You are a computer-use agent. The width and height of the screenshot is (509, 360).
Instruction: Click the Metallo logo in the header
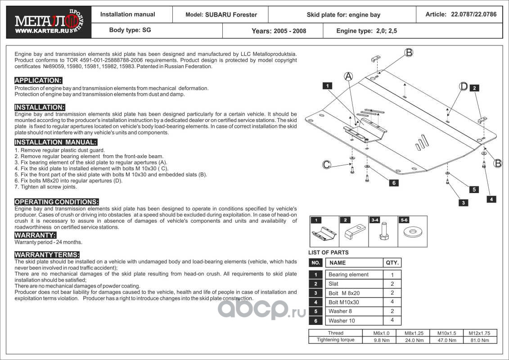[x=45, y=20]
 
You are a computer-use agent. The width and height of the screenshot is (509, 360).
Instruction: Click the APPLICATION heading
[x=38, y=81]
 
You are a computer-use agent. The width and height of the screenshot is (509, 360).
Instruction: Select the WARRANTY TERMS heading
[x=47, y=255]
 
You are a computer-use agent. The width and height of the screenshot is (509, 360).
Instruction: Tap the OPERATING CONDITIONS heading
[x=56, y=202]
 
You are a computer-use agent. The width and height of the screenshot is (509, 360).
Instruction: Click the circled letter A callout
[x=348, y=76]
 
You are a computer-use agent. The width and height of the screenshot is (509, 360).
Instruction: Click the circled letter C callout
[x=327, y=164]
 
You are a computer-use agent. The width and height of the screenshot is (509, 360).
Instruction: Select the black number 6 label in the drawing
[x=393, y=183]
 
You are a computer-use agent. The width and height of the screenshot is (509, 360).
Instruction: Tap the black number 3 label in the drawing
[x=463, y=203]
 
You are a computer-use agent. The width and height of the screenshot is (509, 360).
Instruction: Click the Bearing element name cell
[x=348, y=274]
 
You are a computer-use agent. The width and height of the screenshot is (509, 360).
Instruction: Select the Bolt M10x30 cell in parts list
[x=344, y=302]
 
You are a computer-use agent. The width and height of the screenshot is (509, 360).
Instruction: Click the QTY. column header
[x=392, y=262]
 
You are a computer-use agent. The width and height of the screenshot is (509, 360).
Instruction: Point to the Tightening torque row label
[x=335, y=340]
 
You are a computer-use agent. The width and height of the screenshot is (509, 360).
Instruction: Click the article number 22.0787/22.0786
[x=473, y=14]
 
